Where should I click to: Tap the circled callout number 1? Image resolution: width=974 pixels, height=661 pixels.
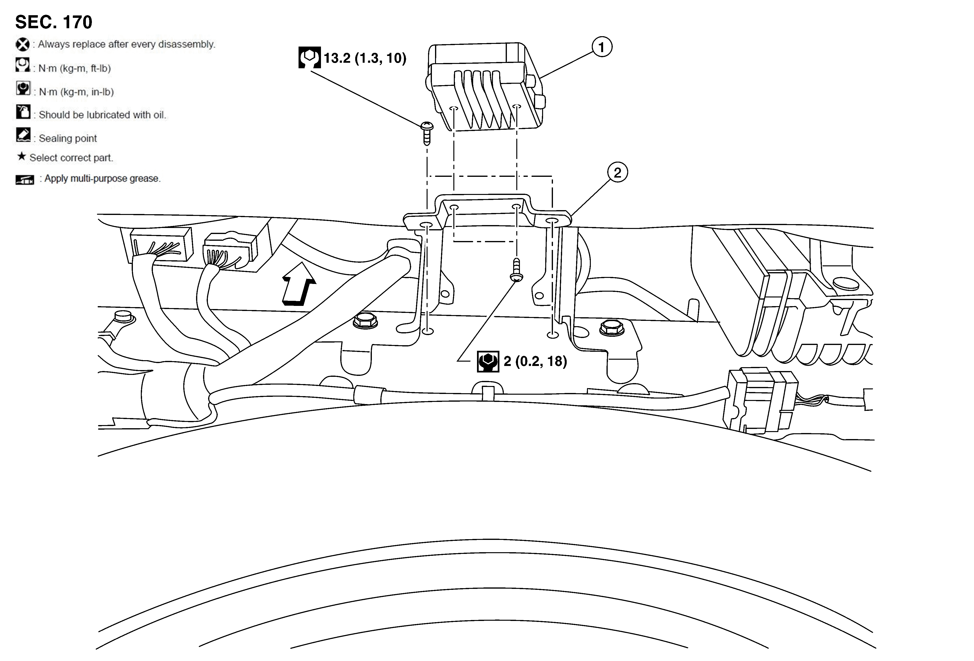pos(601,47)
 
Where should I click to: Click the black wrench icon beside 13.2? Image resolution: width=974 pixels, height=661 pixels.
pos(309,57)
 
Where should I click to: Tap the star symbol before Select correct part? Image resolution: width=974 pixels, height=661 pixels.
pos(21,157)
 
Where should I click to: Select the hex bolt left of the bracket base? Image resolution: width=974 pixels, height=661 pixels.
pos(365,321)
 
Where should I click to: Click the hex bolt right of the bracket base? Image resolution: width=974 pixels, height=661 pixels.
pos(612,327)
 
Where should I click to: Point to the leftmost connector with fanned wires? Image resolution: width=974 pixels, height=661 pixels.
pos(157,245)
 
